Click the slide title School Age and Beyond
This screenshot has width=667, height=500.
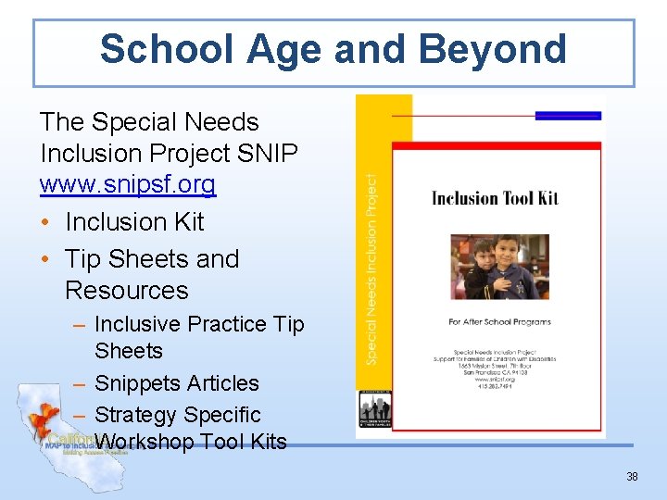[x=333, y=49]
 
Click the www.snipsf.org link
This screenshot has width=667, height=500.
[x=127, y=184]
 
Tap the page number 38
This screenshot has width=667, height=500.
[x=632, y=477]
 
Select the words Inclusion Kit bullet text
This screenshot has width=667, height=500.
[x=134, y=222]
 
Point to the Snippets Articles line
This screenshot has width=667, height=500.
[x=177, y=383]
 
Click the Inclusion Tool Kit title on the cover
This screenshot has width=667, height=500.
[x=495, y=197]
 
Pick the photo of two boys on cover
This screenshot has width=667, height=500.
[x=495, y=267]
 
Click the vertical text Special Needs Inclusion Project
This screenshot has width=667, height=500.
[x=371, y=269]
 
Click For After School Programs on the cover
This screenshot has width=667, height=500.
[x=499, y=322]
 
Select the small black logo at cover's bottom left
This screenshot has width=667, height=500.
[x=375, y=408]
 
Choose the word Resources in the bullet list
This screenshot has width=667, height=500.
[x=127, y=290]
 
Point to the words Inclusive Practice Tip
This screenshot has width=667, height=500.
[x=199, y=324]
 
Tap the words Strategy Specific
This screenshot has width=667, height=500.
[x=178, y=415]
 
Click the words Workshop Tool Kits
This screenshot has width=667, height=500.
[x=191, y=443]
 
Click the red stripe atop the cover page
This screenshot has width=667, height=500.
[x=496, y=146]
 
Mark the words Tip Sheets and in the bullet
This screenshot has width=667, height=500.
[x=152, y=259]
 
